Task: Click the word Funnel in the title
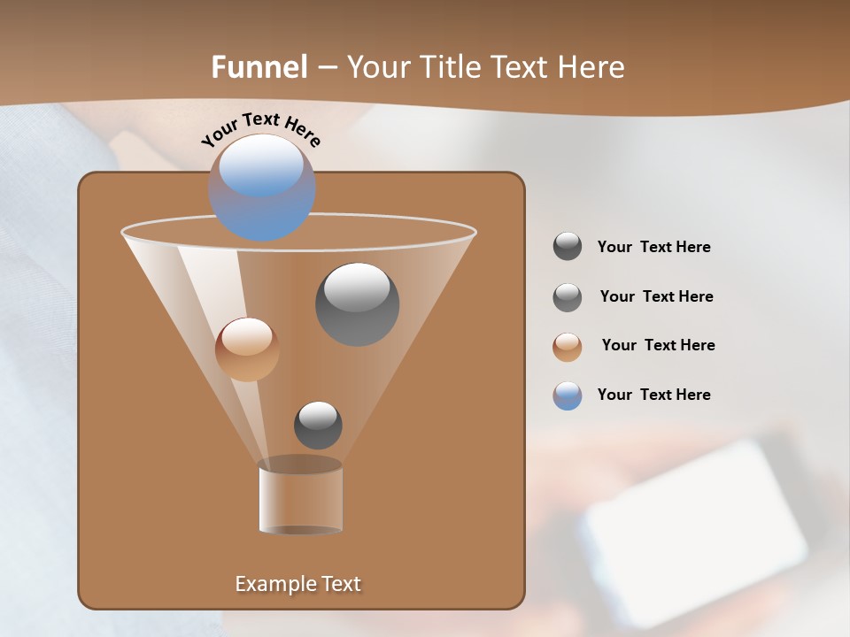coord(259,67)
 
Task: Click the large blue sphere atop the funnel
coord(261,187)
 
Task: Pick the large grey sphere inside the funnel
coord(357,303)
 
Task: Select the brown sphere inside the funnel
coord(247,349)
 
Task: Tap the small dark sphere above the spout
coord(318,425)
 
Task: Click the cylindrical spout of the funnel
coord(300,498)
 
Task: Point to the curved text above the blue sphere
coord(260,128)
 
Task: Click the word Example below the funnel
coord(274,584)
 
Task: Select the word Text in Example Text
coord(339,584)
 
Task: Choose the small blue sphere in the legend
coord(568,395)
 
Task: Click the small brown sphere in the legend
coord(568,347)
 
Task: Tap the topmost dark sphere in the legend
coord(568,246)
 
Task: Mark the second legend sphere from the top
coord(568,297)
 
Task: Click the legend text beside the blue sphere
coord(653,395)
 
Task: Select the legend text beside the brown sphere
coord(658,345)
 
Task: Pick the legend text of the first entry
coord(653,247)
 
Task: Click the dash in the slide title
coord(327,67)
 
